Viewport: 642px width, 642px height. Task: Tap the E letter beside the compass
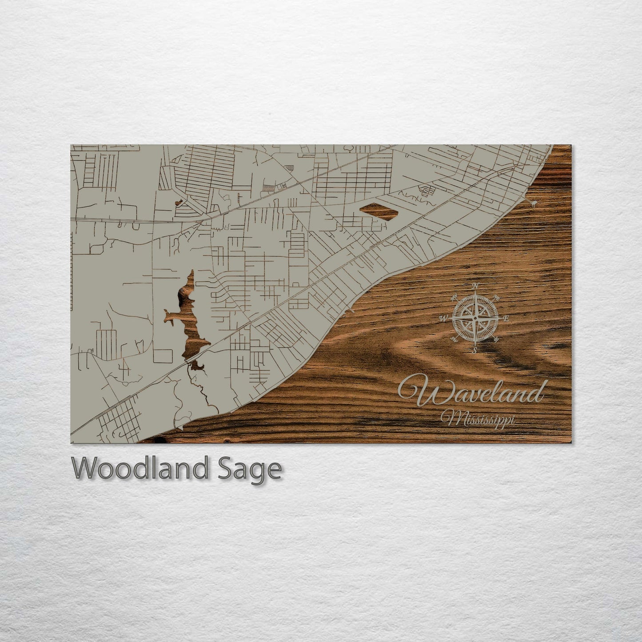[506, 319]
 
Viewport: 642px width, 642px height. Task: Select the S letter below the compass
[475, 351]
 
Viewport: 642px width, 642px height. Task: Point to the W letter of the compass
[443, 319]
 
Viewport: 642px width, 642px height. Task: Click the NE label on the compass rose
[497, 297]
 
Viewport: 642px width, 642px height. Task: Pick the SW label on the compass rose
[453, 340]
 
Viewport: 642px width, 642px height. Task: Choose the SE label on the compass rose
[496, 340]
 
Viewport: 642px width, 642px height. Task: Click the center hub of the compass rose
[475, 318]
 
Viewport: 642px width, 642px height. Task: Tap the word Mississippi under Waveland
[477, 419]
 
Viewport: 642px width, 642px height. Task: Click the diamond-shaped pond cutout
[379, 211]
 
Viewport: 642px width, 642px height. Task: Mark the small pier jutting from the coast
[531, 203]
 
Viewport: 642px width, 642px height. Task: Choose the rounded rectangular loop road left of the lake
[163, 356]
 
